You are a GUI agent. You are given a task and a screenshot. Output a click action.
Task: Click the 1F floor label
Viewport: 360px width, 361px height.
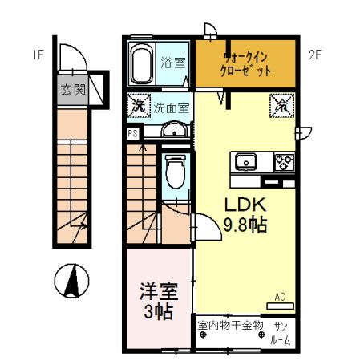coord(37,55)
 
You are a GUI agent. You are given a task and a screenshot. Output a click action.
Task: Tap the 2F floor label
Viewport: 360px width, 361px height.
coord(315,55)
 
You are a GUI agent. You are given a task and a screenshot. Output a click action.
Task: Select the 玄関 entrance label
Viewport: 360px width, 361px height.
coord(71,89)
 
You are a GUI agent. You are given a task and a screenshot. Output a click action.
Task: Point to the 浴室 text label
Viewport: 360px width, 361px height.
coord(172,62)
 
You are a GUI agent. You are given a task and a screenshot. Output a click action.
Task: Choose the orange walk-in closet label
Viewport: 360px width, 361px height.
coord(246,63)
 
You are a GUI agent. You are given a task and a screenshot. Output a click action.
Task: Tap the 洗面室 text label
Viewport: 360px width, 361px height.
coord(171,107)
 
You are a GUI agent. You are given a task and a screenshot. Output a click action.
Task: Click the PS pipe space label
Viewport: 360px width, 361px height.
coord(131,134)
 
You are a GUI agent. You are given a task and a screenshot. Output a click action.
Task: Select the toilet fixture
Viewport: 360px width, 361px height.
coord(174,172)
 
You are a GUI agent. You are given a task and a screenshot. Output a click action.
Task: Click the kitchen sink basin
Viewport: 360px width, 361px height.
coord(245,162)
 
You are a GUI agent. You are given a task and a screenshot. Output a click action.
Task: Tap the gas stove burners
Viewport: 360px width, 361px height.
coord(284,162)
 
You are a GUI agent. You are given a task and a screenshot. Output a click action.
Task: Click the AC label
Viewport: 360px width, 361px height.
coord(281,296)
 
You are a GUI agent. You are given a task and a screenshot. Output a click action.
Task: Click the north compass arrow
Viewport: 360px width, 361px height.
coord(71,280)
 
